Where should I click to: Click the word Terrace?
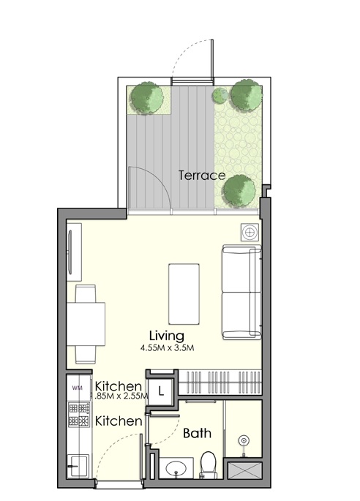coord(201,176)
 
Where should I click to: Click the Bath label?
coord(197,433)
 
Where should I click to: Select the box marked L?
coord(161,388)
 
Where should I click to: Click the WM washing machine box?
coord(77,386)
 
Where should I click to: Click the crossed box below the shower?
coord(243,470)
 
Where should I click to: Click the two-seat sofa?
coord(242,293)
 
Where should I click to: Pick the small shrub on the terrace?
coord(219,95)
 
